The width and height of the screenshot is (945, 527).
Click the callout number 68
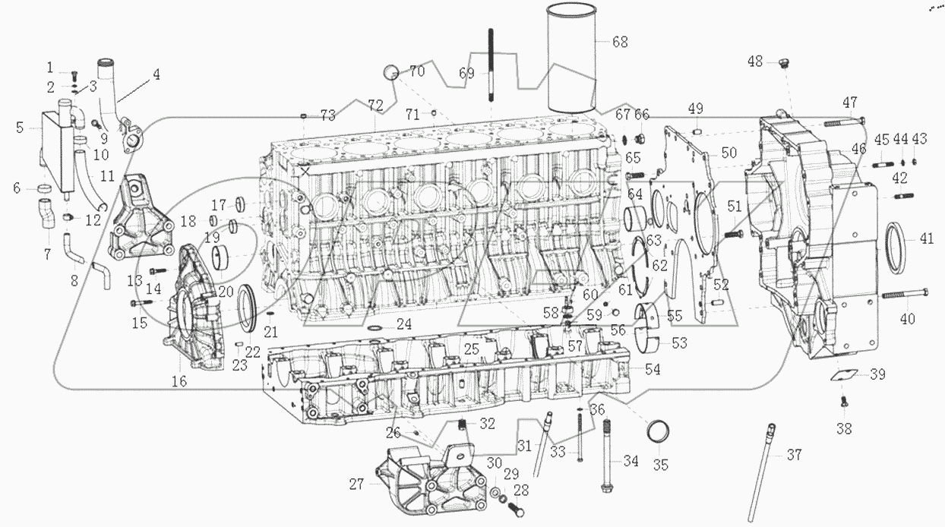620,42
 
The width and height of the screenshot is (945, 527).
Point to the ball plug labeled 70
391,73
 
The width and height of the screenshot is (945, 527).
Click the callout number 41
926,238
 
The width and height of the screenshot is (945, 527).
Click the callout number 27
356,483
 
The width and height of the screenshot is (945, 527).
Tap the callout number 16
179,381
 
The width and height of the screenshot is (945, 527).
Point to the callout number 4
155,74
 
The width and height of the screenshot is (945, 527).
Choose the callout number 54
653,369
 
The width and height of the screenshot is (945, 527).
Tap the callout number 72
375,103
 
